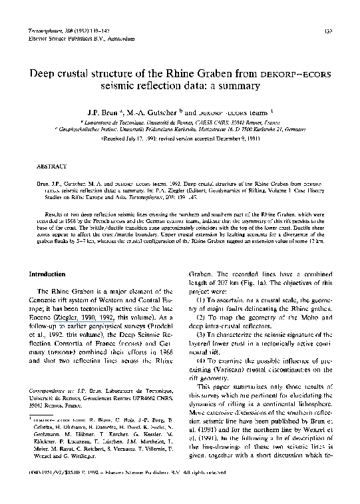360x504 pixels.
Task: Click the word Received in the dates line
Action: pos(114,141)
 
